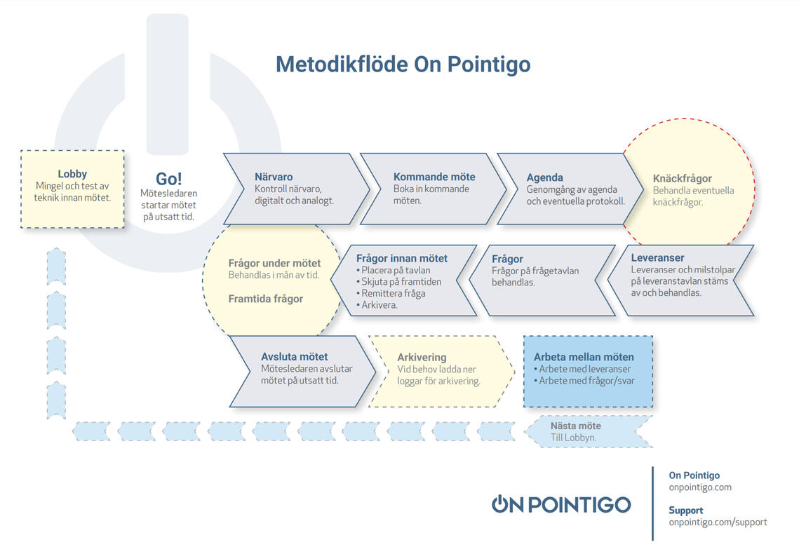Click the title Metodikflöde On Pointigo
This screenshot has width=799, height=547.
pos(403,65)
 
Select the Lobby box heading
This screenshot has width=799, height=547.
pos(72,174)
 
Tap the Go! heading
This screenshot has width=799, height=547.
pos(168,179)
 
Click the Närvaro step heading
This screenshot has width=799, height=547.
pos(274,177)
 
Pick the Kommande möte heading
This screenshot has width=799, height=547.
pos(434,177)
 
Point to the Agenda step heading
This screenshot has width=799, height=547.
pos(545,177)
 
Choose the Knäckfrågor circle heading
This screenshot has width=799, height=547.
pos(683,178)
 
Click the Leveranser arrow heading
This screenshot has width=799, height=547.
pos(657,257)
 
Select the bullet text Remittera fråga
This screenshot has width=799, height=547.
pos(391,293)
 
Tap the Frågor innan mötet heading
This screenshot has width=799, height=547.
pos(401,258)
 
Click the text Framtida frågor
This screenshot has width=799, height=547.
pos(265,299)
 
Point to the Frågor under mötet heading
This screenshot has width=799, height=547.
pos(275,263)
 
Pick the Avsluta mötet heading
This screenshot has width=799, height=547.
pos(295,357)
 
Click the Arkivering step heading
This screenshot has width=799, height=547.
pos(422,358)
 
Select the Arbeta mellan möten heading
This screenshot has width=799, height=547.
pos(584,357)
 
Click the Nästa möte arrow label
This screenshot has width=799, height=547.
pos(576,426)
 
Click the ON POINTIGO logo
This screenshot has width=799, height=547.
pos(561,504)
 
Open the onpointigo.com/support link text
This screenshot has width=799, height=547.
pos(718,522)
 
